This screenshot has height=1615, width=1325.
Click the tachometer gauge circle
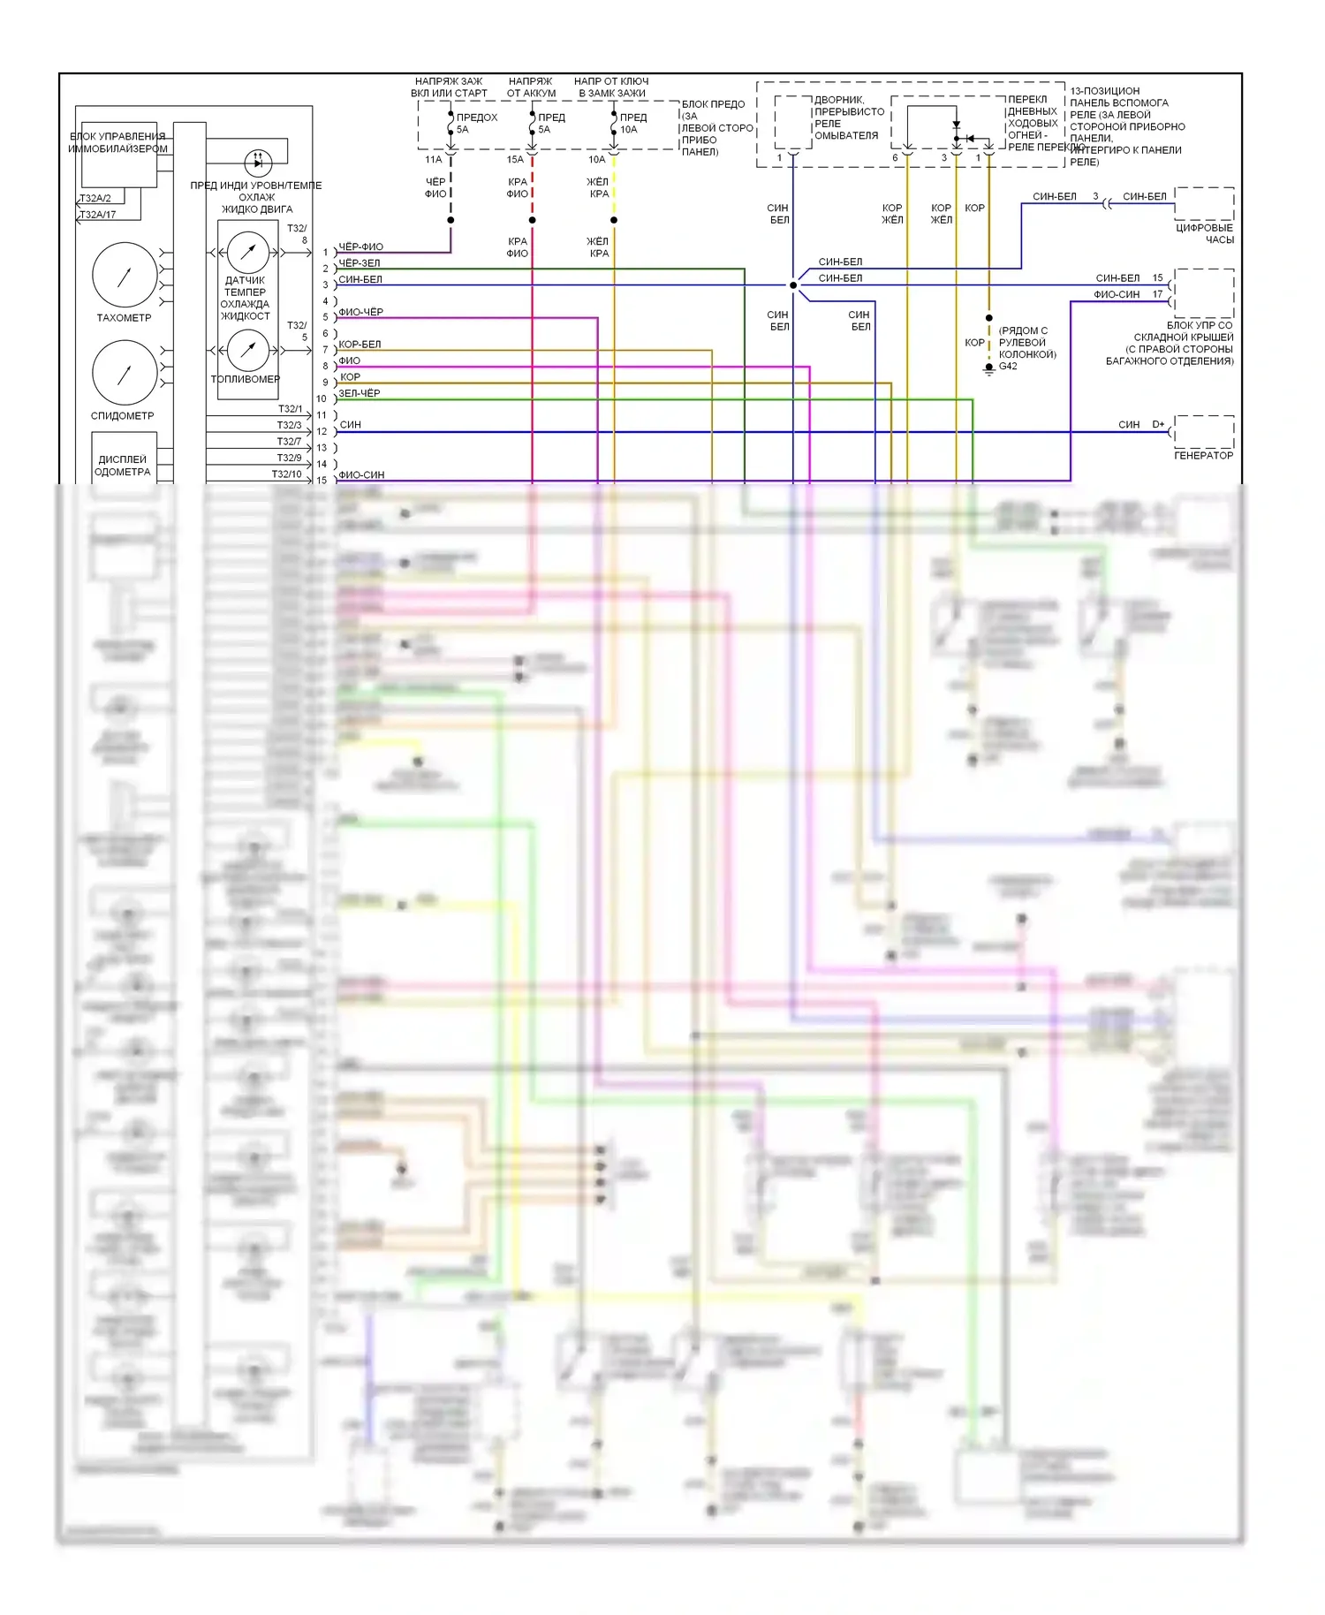pos(125,275)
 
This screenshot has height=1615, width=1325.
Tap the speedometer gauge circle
pos(125,372)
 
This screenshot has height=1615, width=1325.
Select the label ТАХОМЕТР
pos(124,318)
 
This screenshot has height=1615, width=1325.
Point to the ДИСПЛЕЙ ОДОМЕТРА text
pos(123,466)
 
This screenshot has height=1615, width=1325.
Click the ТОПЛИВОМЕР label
pos(246,379)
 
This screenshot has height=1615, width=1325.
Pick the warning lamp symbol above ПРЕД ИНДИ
pos(258,161)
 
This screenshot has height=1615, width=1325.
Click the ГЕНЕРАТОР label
pos(1203,456)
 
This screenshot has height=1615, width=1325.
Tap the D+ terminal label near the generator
pos(1158,425)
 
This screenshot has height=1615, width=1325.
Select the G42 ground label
pos(1008,367)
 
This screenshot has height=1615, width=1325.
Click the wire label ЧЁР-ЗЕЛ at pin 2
pos(360,263)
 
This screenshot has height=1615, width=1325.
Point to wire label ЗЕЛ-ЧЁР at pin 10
pos(360,393)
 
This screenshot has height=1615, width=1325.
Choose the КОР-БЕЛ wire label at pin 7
pos(360,345)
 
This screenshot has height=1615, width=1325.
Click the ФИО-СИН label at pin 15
pos(361,475)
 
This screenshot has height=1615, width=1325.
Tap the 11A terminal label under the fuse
pos(433,160)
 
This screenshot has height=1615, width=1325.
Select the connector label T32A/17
pos(98,215)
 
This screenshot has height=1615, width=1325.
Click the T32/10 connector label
pos(286,474)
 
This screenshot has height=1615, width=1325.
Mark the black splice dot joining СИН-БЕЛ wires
pos(793,285)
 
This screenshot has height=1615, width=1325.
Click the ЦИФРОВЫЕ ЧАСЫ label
pos(1204,234)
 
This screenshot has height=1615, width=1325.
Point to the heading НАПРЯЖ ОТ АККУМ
pos(531,87)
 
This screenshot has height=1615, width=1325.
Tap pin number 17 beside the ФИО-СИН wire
pos(1157,295)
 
